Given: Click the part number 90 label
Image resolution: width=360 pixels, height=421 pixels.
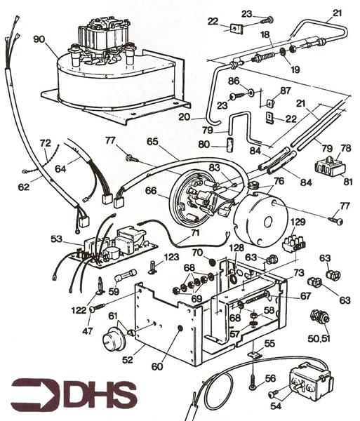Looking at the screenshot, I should click(x=39, y=39).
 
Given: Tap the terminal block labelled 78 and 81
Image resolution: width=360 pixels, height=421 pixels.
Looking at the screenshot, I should click(x=326, y=166).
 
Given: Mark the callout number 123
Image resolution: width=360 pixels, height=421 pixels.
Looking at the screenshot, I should click(x=172, y=258).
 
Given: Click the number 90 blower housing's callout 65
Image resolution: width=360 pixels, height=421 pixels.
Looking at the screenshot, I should click(x=152, y=141).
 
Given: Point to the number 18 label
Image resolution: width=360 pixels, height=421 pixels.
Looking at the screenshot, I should click(x=266, y=34).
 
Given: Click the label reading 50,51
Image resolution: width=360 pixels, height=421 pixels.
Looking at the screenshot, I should click(x=319, y=338).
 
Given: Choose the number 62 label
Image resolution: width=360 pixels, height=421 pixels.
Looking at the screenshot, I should click(x=24, y=187).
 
